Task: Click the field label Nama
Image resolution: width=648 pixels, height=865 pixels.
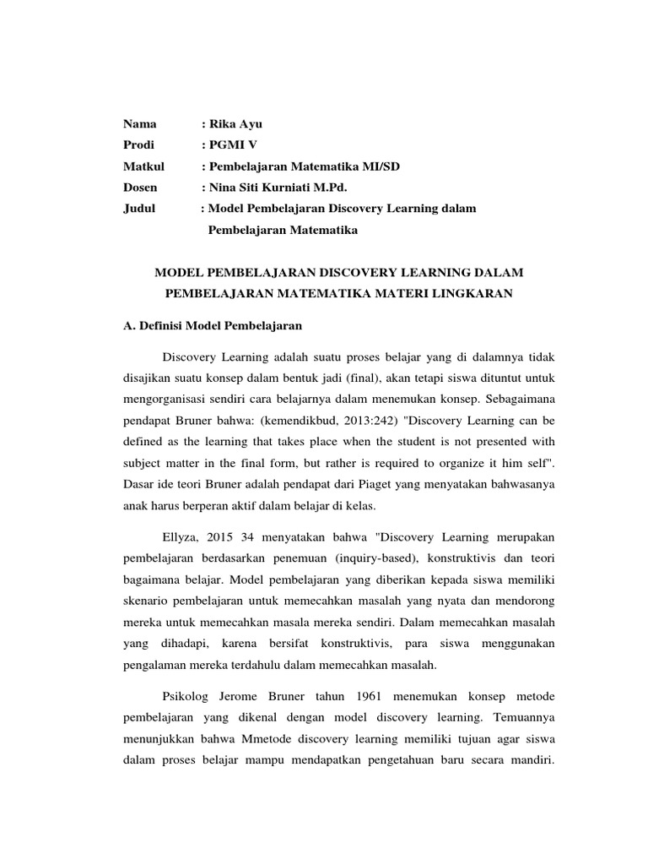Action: (140, 124)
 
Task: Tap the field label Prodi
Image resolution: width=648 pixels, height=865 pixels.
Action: (139, 145)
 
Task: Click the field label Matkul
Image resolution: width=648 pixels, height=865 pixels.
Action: (144, 166)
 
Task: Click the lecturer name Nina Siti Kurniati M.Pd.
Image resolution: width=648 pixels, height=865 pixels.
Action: (278, 188)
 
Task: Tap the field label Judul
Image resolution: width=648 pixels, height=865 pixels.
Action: (141, 209)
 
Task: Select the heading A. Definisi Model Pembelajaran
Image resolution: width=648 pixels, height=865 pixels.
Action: (213, 325)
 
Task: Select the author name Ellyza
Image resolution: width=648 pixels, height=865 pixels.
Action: (179, 538)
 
